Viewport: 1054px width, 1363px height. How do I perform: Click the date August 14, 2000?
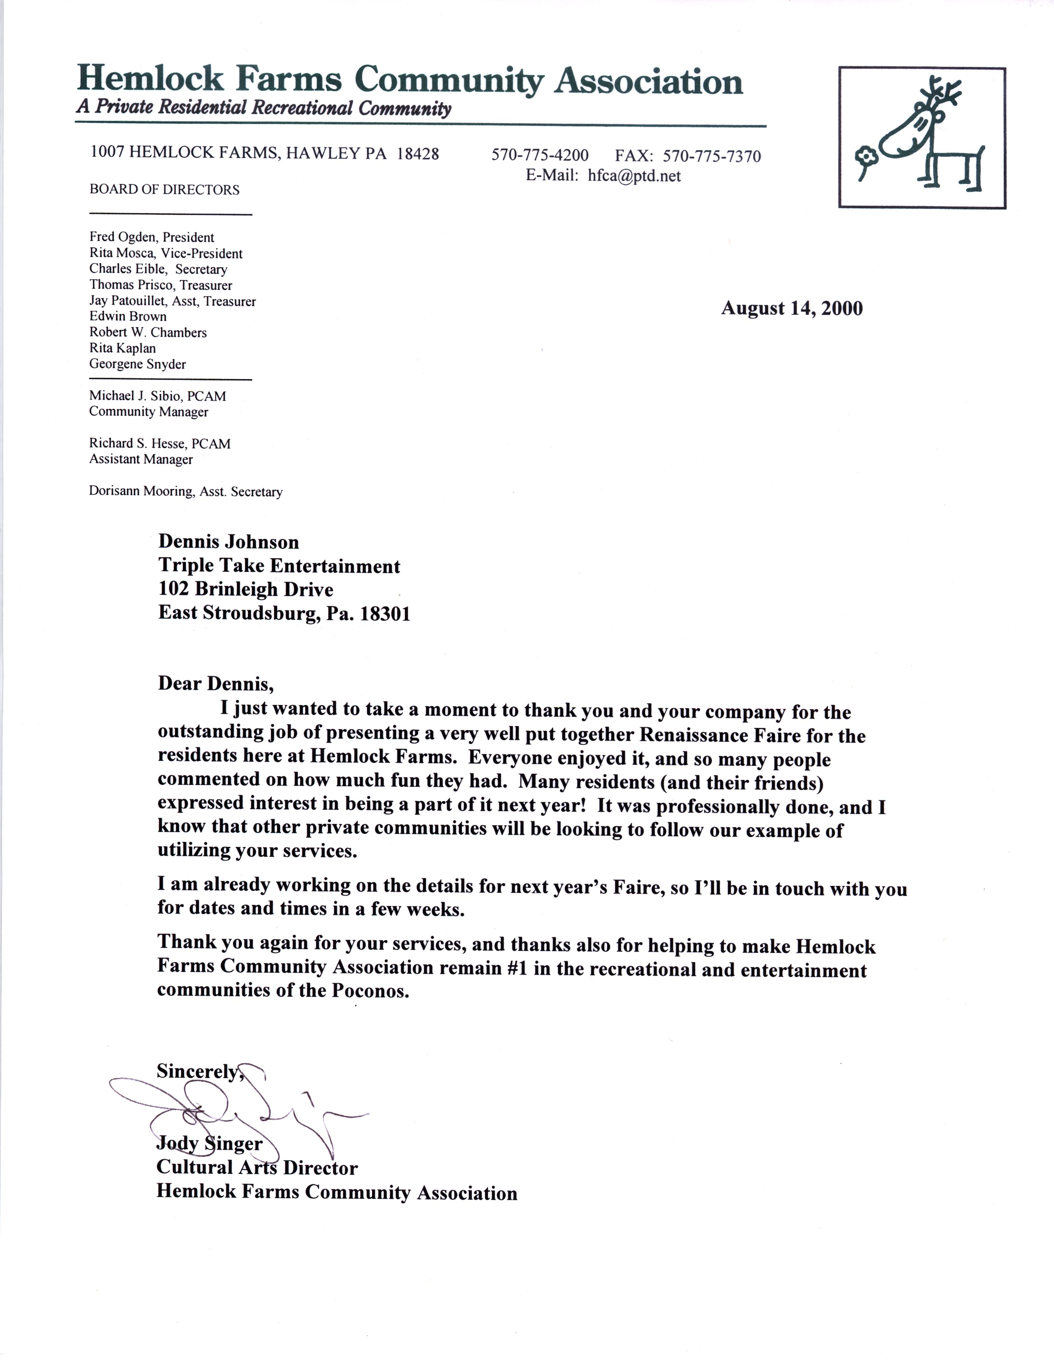[x=792, y=308]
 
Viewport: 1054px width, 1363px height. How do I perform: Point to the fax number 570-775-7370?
[x=712, y=156]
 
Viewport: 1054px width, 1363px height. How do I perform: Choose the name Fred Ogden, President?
[x=152, y=237]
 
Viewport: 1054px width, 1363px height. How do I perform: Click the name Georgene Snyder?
[x=137, y=364]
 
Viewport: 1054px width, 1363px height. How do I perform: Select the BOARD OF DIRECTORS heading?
[x=164, y=190]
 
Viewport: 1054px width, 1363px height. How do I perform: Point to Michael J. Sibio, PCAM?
[x=157, y=396]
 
